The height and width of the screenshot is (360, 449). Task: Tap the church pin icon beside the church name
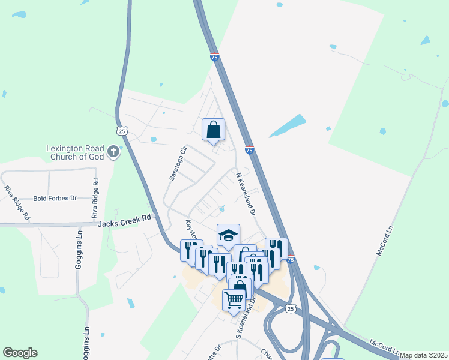pyautogui.click(x=113, y=152)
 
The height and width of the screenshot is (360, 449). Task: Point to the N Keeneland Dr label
pyautogui.click(x=246, y=194)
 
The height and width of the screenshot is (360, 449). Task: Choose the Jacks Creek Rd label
pyautogui.click(x=124, y=223)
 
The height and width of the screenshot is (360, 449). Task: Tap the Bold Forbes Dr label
pyautogui.click(x=55, y=198)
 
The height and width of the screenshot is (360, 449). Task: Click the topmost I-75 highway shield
pyautogui.click(x=214, y=58)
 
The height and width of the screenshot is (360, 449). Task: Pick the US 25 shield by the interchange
pyautogui.click(x=291, y=308)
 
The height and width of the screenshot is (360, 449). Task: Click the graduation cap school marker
pyautogui.click(x=228, y=235)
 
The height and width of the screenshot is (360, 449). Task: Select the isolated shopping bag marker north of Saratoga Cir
pyautogui.click(x=213, y=129)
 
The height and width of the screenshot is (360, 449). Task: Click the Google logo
pyautogui.click(x=20, y=353)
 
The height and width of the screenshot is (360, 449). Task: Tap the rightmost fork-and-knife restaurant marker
pyautogui.click(x=276, y=247)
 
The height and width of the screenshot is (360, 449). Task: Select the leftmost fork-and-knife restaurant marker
pyautogui.click(x=187, y=250)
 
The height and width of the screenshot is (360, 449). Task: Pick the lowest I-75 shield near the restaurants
pyautogui.click(x=291, y=260)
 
